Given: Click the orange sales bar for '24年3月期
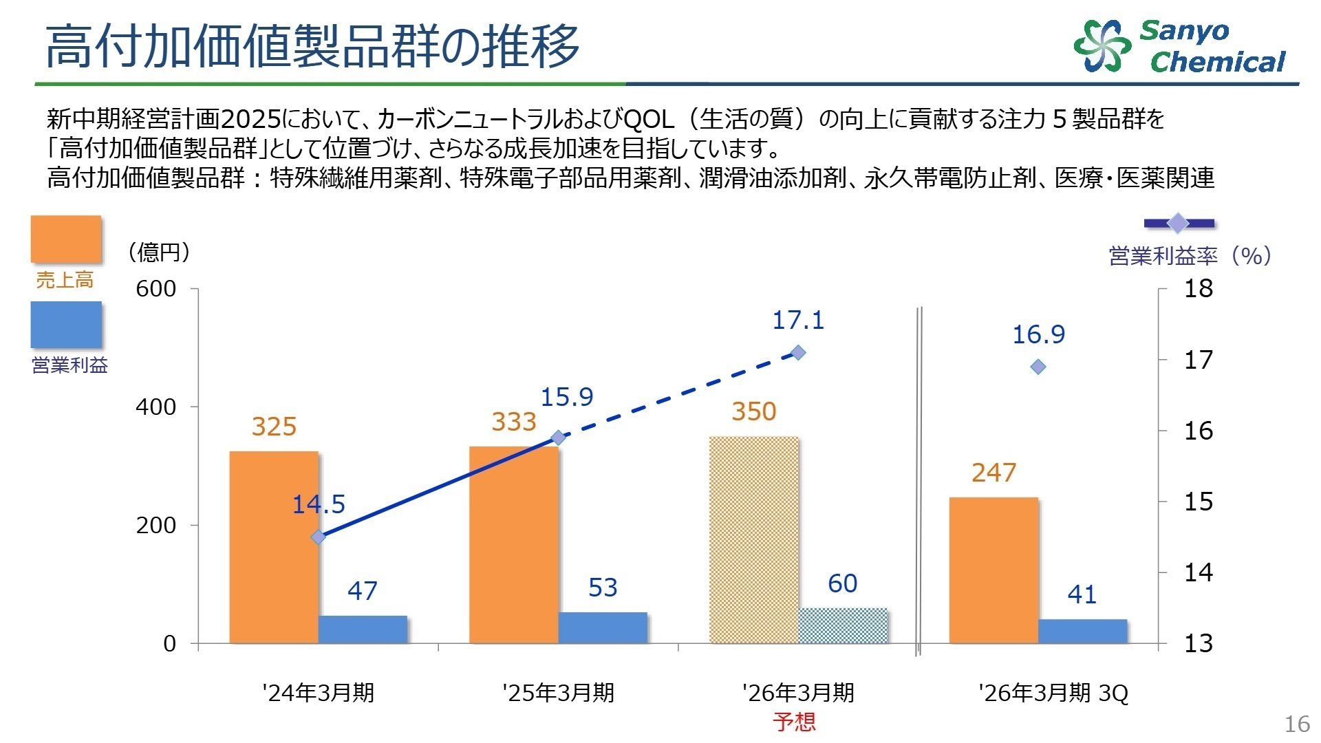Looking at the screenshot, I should tap(273, 547).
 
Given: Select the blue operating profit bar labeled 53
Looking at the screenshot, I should tap(603, 627).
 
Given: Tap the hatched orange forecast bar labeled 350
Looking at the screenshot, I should tap(753, 540).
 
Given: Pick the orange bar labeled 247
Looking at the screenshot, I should tap(994, 570).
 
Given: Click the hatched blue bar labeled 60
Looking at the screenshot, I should tap(842, 625).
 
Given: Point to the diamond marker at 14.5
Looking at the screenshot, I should tap(318, 537).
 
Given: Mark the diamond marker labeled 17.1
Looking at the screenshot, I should tap(798, 353).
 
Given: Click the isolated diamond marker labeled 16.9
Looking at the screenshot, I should tap(1038, 367).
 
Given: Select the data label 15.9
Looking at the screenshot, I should tap(566, 397).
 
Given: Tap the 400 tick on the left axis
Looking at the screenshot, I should tap(155, 407).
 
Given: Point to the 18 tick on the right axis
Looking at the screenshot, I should tap(1198, 288).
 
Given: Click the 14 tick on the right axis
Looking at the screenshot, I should tap(1198, 572).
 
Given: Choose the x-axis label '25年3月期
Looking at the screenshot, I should tap(558, 692).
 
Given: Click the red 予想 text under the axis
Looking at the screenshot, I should tap(794, 722).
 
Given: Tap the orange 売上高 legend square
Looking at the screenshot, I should tap(66, 239).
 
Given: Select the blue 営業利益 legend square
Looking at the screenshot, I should tap(66, 325).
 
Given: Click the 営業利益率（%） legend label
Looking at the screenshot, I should tap(1190, 256).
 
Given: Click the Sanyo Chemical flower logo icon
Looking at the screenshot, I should tap(1102, 45).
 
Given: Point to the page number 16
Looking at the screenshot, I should tap(1297, 724).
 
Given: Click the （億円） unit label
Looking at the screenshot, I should tap(159, 252).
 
